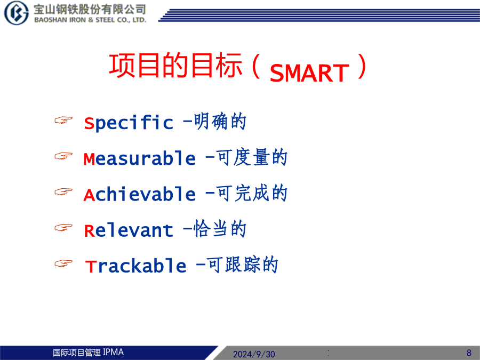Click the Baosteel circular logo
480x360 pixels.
(x=16, y=13)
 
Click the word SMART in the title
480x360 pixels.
(x=309, y=73)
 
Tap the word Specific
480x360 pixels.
(x=129, y=123)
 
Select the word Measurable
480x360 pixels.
(x=140, y=158)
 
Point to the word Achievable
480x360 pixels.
(x=140, y=194)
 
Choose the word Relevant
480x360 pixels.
(x=129, y=230)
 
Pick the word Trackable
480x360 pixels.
(x=135, y=266)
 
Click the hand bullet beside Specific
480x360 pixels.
(x=63, y=120)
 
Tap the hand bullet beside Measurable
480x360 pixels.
(x=63, y=156)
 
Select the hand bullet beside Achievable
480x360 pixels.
(x=63, y=191)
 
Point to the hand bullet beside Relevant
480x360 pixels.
(x=63, y=227)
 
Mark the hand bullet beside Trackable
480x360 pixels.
(x=63, y=263)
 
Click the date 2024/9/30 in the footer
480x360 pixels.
(x=254, y=354)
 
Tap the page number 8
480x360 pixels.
(x=469, y=353)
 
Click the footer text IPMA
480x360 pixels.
(x=113, y=353)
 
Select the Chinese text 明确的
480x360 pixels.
(x=220, y=122)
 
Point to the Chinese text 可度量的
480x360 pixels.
(x=252, y=157)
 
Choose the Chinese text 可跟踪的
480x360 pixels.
(x=243, y=265)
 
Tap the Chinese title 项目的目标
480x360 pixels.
(x=175, y=65)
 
